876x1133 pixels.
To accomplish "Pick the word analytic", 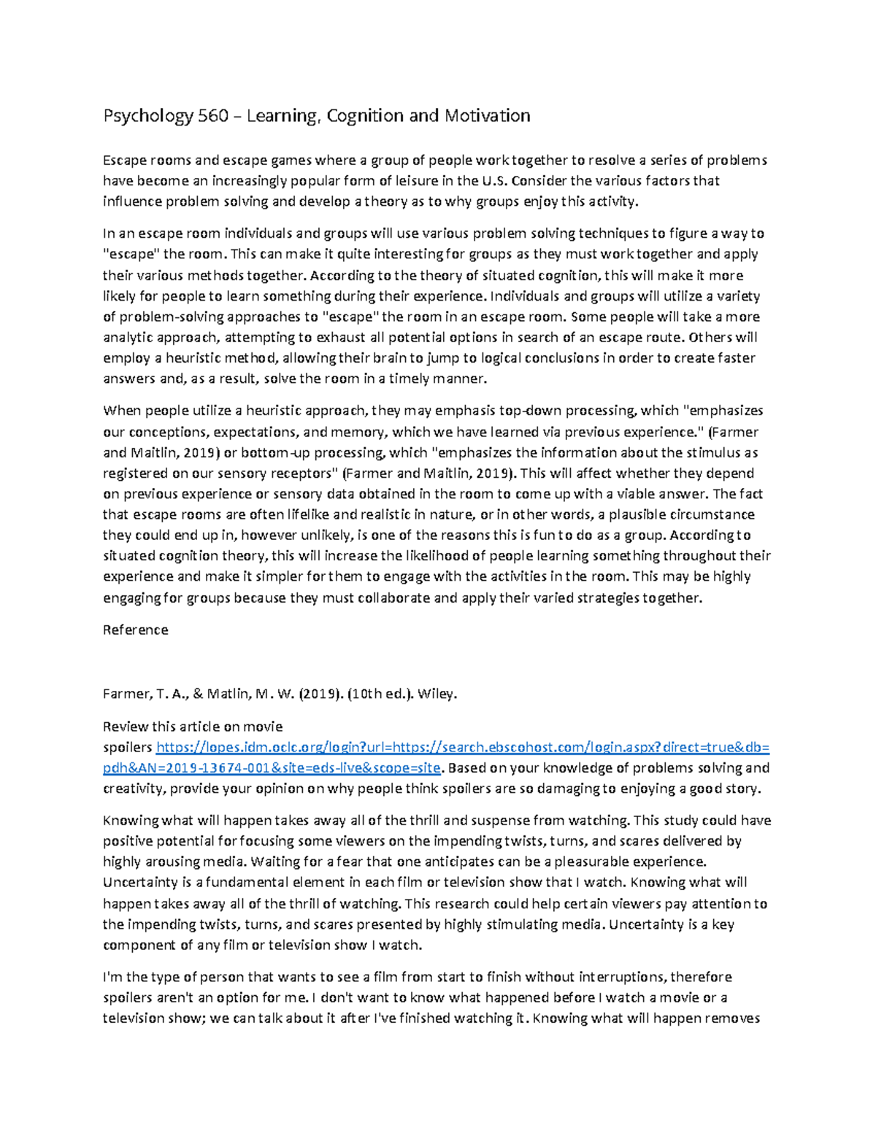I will click(x=128, y=338).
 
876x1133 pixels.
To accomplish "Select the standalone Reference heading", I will click(x=136, y=630).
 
